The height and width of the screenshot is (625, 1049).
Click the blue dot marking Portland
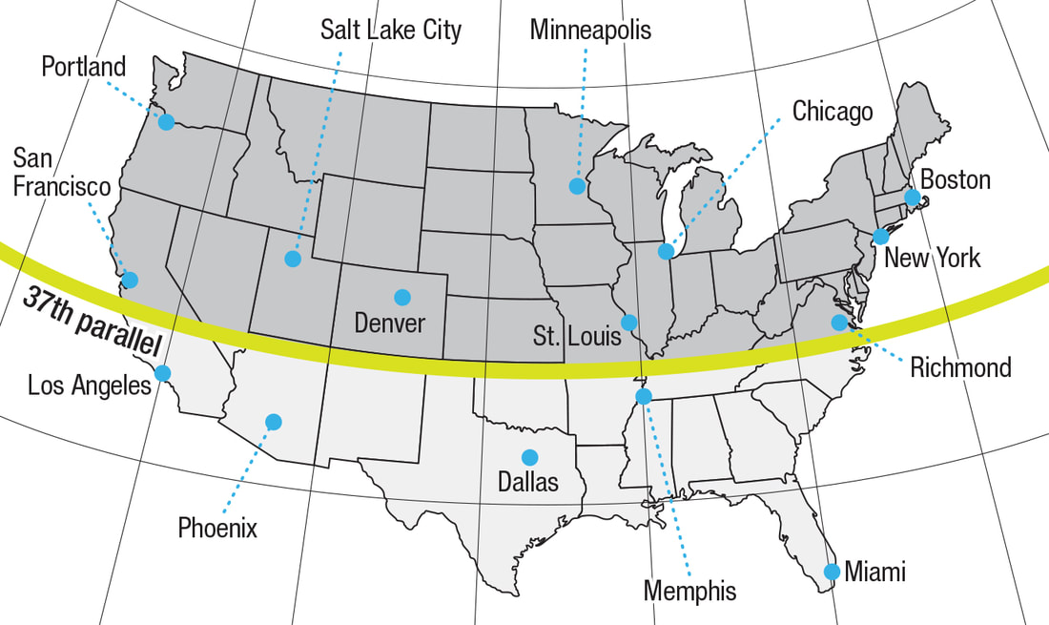(x=167, y=122)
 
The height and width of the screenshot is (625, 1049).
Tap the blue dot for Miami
(x=832, y=572)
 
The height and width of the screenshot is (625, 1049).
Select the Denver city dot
(x=402, y=297)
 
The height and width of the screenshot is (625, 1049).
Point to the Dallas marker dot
(x=528, y=457)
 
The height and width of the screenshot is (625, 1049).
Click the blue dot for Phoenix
(x=274, y=421)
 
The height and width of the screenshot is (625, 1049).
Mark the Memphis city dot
(x=644, y=396)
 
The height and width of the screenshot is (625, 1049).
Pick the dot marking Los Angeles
(x=162, y=373)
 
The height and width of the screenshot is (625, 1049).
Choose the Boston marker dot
(x=912, y=198)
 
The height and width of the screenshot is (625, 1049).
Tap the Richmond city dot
(x=839, y=323)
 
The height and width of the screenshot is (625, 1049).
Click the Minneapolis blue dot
(x=577, y=186)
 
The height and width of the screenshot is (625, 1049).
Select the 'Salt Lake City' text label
(x=391, y=30)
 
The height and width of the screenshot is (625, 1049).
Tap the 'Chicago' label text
(x=833, y=112)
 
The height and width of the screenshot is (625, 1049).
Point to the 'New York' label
(x=932, y=258)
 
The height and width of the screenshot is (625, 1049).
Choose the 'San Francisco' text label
(x=62, y=172)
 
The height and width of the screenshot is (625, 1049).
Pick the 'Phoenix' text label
(x=217, y=527)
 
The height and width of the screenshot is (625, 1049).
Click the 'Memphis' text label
(x=689, y=591)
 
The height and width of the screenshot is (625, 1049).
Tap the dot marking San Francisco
(x=130, y=280)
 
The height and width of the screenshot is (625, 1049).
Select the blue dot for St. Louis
(x=629, y=322)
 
